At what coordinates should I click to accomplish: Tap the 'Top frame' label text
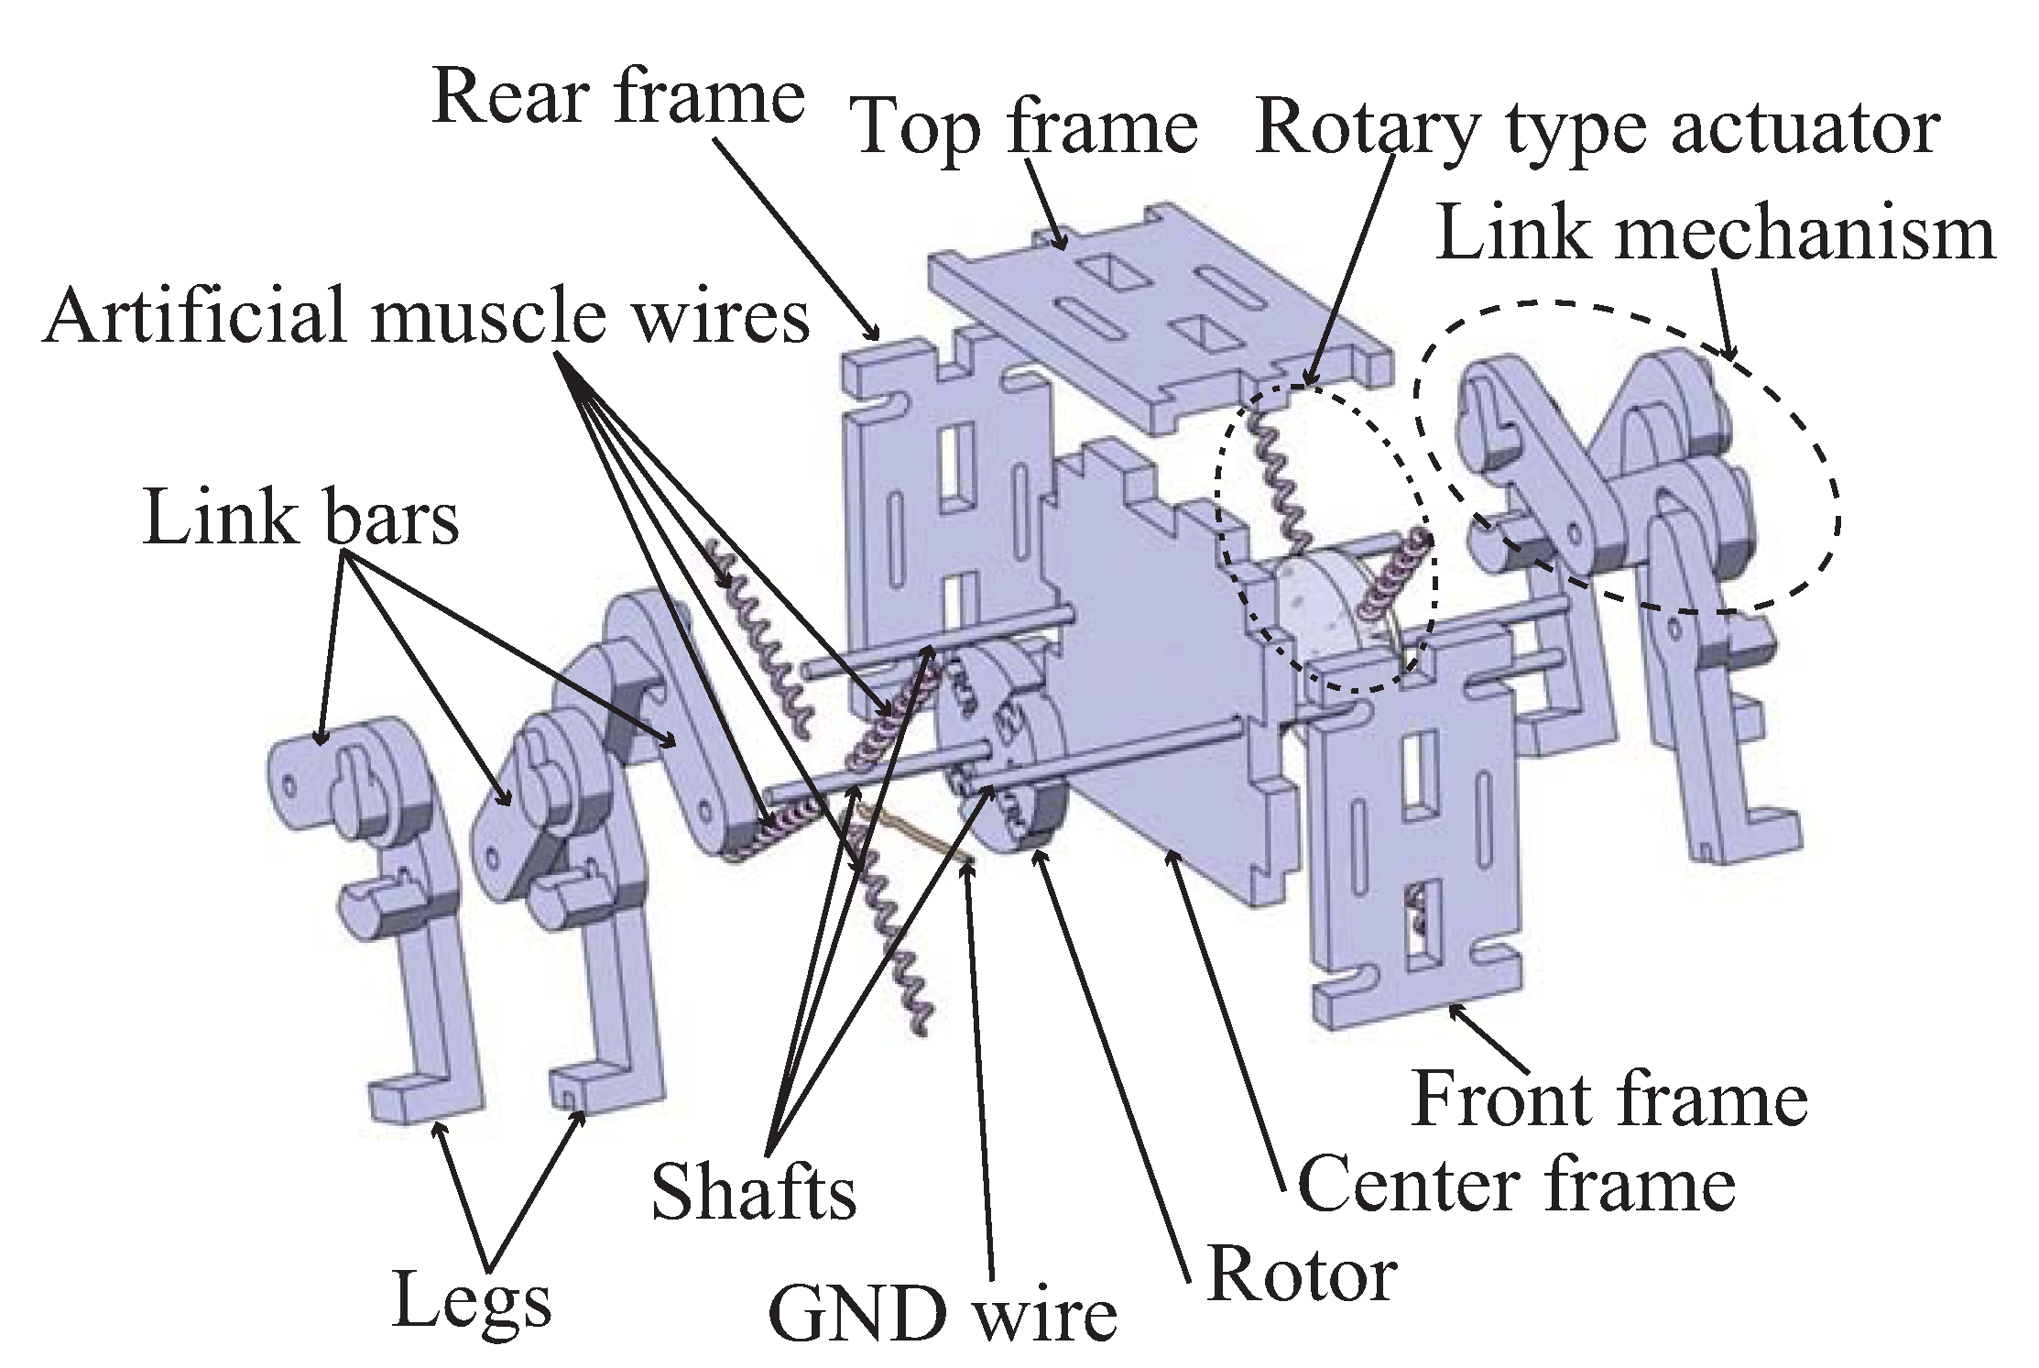point(1024,128)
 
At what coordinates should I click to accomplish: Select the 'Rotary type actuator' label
point(1597,128)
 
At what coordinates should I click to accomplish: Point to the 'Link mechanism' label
point(1715,234)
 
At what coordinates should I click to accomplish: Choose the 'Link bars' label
point(300,519)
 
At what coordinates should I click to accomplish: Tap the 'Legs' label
point(472,1299)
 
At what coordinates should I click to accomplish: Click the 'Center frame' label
point(1516,1184)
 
